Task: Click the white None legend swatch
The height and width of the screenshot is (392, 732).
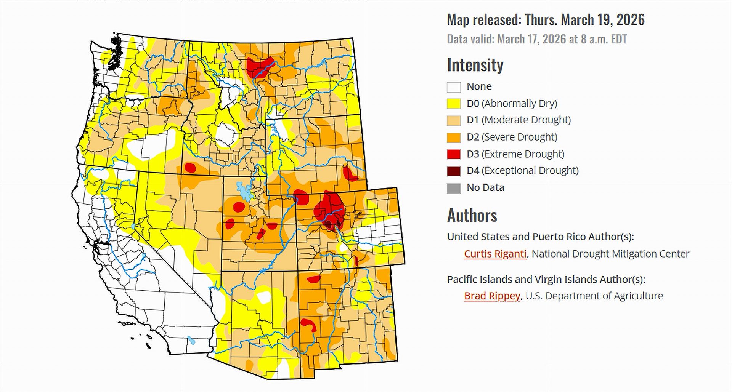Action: (454, 87)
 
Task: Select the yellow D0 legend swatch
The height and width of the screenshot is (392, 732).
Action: (454, 104)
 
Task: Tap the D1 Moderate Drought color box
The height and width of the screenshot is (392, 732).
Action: (454, 120)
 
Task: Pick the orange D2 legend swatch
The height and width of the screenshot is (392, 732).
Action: (454, 137)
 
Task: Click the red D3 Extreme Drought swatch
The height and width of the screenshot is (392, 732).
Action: (454, 154)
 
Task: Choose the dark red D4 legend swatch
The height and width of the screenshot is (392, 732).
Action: (454, 171)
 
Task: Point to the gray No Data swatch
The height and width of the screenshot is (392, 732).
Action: (454, 188)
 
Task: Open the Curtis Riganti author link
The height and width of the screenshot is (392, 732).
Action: (495, 254)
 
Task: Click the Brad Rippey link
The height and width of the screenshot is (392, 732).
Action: (492, 296)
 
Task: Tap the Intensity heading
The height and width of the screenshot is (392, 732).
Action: (475, 65)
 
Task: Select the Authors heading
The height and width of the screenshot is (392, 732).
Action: (472, 216)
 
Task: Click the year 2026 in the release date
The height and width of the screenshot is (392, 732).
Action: (630, 20)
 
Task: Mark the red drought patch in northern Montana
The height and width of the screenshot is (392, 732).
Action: (259, 66)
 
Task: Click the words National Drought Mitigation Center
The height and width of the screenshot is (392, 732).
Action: (610, 254)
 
